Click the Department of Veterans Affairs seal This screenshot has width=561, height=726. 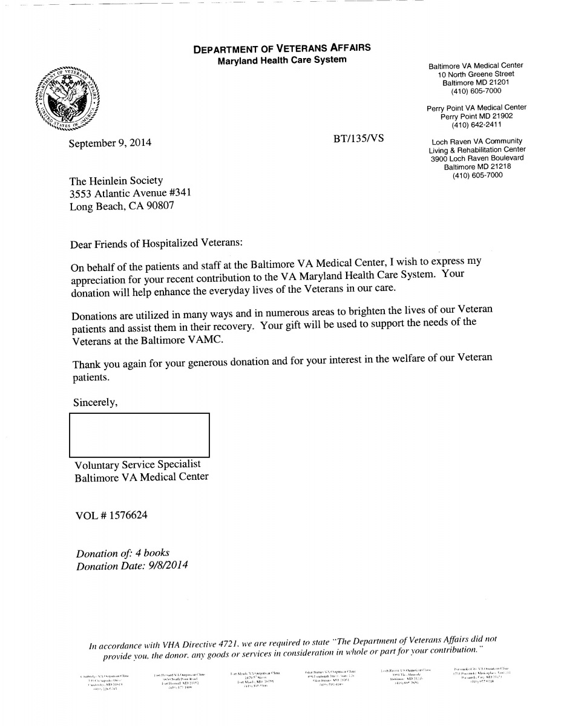(68, 97)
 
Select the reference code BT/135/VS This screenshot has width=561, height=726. (358, 138)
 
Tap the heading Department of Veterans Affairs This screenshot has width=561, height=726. (282, 48)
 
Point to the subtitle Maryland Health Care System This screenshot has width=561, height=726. (282, 60)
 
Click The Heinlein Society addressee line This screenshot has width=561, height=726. (117, 181)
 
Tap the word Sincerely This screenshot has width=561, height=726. (95, 402)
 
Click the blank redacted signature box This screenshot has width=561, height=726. (139, 434)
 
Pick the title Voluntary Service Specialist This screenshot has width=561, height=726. (137, 465)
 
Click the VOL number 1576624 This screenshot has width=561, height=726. (128, 515)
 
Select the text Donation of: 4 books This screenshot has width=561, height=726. (123, 553)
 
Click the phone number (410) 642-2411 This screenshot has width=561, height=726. (476, 125)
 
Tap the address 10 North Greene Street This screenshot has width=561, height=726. (476, 74)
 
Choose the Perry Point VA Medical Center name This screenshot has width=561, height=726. (476, 108)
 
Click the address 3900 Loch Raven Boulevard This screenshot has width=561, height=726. (477, 159)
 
